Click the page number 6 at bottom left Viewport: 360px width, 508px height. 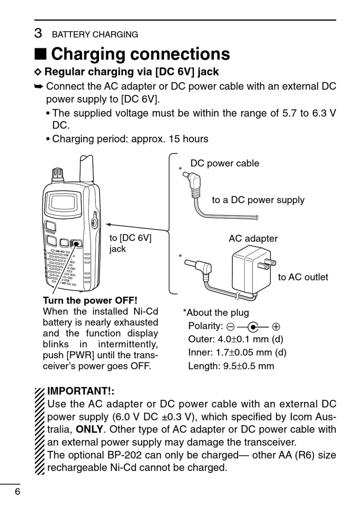(x=17, y=492)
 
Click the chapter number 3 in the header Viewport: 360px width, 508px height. (x=38, y=33)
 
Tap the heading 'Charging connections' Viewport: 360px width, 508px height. (x=140, y=54)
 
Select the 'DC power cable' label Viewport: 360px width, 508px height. (x=225, y=163)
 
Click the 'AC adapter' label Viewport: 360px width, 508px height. (x=253, y=238)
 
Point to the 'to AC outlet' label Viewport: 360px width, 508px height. (x=303, y=277)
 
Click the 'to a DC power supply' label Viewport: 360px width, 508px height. (x=258, y=200)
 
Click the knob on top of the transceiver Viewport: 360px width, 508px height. (x=57, y=174)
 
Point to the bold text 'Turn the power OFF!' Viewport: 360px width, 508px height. (x=90, y=301)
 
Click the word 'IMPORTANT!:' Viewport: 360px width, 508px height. (x=81, y=391)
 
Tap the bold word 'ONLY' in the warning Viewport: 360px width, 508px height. (x=89, y=430)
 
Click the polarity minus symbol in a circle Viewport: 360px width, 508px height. (x=230, y=326)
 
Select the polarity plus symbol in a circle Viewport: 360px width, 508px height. (x=276, y=326)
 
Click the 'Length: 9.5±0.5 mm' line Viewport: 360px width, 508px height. (x=231, y=366)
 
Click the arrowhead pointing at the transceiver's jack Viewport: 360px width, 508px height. (x=108, y=224)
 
